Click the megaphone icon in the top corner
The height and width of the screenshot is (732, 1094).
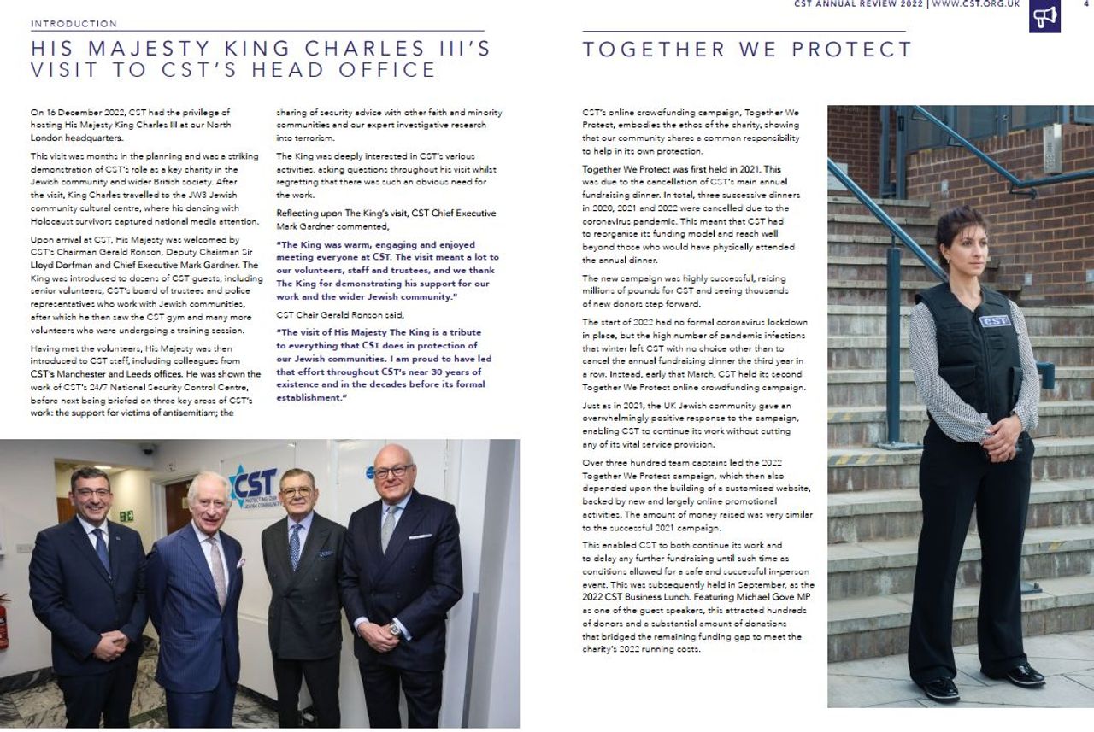[1044, 16]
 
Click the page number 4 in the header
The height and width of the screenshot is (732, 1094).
[1085, 3]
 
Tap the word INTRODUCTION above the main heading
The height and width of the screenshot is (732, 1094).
[74, 23]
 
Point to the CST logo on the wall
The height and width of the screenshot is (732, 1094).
[253, 484]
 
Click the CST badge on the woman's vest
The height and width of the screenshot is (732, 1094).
[994, 321]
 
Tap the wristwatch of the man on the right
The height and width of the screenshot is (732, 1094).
[395, 629]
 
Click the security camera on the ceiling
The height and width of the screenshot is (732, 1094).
[148, 448]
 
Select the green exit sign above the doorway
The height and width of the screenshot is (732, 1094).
[126, 516]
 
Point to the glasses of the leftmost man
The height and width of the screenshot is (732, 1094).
[91, 492]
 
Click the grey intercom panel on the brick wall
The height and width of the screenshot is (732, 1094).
[1053, 148]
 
